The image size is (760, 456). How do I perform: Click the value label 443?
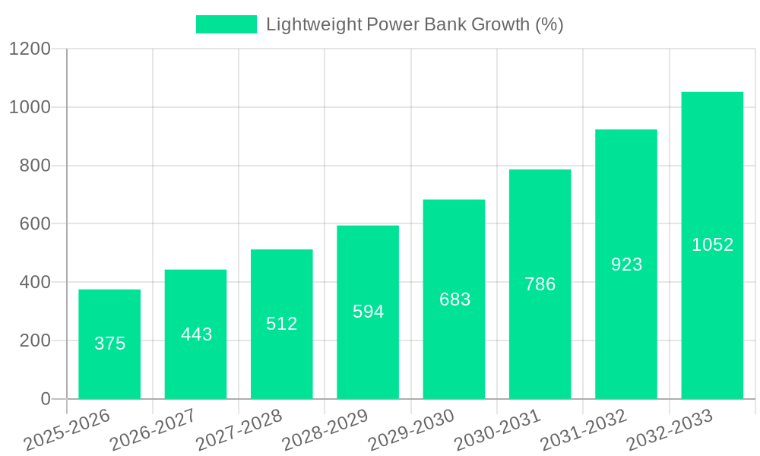(196, 334)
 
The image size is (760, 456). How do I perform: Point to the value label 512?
(282, 324)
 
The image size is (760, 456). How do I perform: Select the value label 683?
(454, 299)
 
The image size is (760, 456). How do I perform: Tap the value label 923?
(626, 264)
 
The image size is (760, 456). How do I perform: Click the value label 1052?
(712, 245)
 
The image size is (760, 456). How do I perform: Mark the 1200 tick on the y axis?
(30, 49)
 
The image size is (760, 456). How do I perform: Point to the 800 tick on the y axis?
(35, 166)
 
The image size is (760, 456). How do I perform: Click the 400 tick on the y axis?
(35, 283)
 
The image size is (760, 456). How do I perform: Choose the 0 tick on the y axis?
(46, 399)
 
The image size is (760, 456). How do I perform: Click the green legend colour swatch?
(226, 24)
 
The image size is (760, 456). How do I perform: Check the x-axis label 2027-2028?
(239, 430)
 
